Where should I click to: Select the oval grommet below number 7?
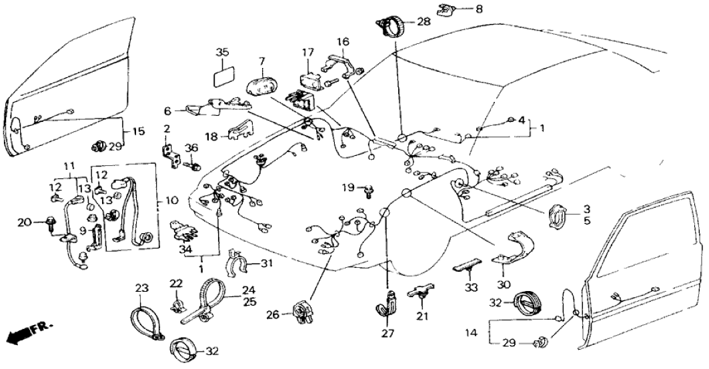tap(260, 87)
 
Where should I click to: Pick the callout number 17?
tap(307, 52)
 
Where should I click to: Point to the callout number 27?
tap(388, 332)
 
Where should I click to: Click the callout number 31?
tap(267, 264)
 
